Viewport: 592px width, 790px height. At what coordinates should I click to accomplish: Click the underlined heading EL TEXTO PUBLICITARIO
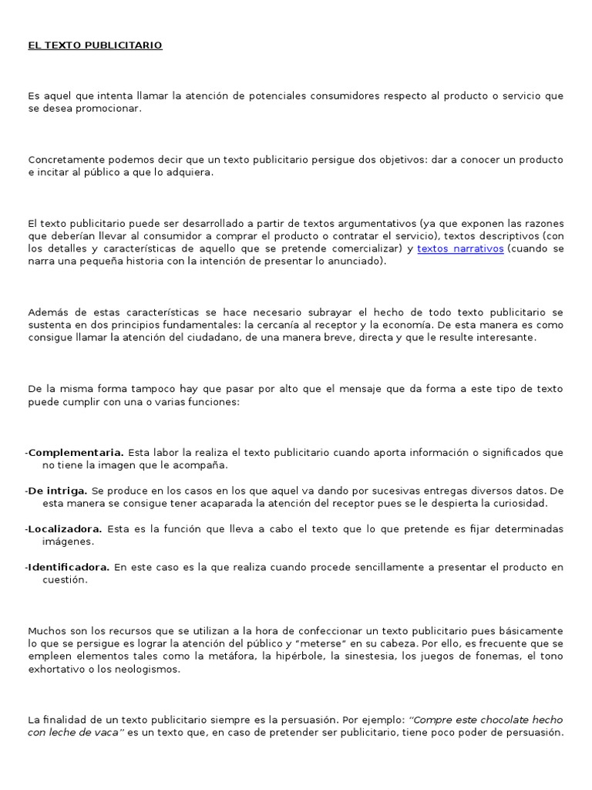[x=95, y=46]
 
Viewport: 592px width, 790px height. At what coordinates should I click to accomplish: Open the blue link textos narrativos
[x=460, y=248]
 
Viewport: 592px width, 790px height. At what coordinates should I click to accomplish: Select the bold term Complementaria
[x=76, y=452]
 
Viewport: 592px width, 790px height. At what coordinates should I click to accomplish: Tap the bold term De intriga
[x=57, y=490]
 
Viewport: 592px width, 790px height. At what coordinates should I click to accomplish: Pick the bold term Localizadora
[x=65, y=528]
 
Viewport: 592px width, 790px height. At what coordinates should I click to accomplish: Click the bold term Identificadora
[x=69, y=567]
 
